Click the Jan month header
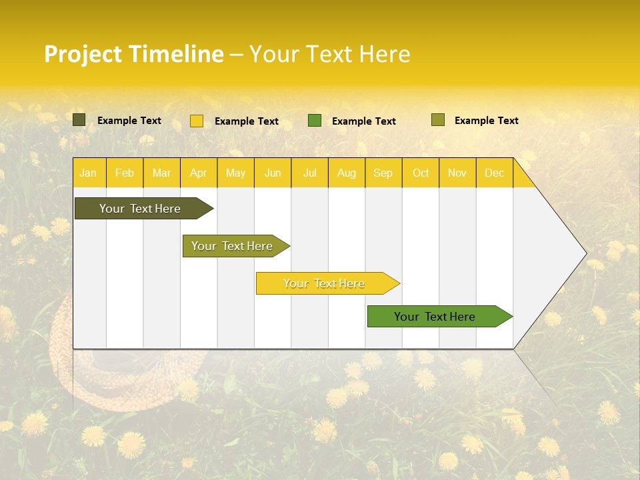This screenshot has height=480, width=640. (88, 173)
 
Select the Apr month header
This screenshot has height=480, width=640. (198, 173)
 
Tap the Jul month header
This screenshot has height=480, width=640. (309, 173)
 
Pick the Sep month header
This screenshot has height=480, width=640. (383, 173)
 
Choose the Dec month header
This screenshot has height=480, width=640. (494, 173)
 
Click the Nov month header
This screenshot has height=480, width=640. (457, 173)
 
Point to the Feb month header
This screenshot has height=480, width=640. (125, 173)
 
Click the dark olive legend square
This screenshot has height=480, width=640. (79, 120)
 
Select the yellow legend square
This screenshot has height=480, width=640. (197, 121)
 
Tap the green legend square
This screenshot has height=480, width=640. (315, 121)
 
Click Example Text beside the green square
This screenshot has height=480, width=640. (363, 121)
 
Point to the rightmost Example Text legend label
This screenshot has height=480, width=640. (486, 121)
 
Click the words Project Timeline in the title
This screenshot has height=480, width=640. (133, 54)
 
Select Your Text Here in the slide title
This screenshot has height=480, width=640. (329, 54)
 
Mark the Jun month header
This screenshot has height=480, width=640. (273, 173)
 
